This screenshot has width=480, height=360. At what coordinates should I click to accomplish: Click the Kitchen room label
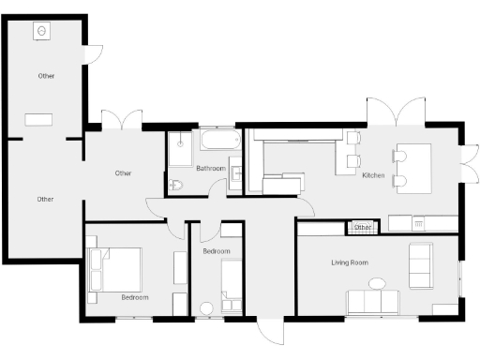tap(373, 175)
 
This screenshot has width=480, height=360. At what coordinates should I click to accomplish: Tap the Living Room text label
tap(349, 262)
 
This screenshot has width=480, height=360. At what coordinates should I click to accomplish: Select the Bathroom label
tap(211, 169)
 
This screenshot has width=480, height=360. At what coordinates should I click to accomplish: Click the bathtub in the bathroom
tap(220, 142)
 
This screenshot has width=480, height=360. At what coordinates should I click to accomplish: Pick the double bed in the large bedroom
tap(115, 270)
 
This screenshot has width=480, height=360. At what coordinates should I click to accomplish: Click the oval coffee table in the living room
tap(377, 283)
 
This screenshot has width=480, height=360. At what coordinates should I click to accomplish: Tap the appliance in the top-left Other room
tap(43, 31)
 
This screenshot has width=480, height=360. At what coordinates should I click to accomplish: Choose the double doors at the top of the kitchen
tap(397, 111)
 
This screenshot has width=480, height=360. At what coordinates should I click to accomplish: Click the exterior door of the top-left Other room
tap(93, 54)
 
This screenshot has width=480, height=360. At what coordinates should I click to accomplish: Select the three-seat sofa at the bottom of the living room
tap(372, 302)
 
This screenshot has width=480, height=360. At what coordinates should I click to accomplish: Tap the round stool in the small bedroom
tap(206, 307)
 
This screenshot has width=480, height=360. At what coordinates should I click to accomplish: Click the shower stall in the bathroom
tap(180, 147)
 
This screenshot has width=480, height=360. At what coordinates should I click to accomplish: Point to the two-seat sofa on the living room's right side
tap(421, 264)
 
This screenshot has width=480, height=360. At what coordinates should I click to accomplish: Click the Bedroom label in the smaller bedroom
tap(217, 251)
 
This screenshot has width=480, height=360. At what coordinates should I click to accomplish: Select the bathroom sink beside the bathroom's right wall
tap(236, 172)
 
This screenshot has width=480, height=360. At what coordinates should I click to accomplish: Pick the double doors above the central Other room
tap(121, 120)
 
